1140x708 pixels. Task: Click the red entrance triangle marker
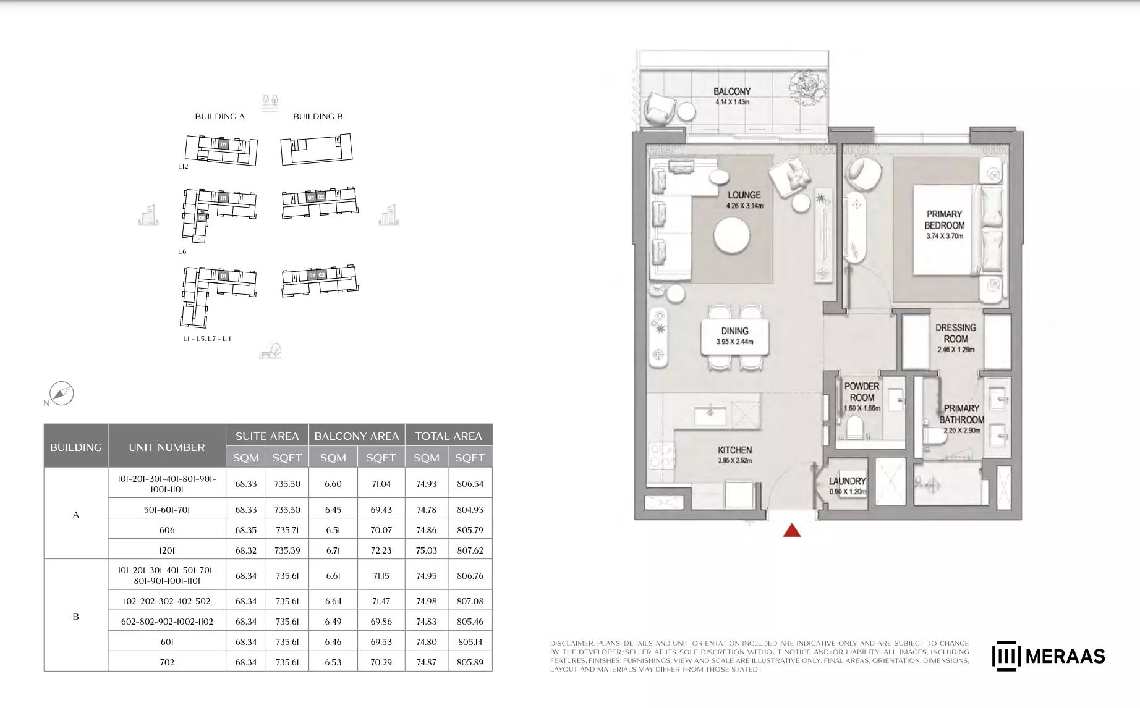[792, 530]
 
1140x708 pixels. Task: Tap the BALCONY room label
[732, 91]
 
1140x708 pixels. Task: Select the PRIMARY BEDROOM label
[945, 220]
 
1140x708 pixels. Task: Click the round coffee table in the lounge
[732, 235]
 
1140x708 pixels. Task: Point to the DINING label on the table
[734, 331]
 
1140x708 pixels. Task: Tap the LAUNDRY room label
[848, 481]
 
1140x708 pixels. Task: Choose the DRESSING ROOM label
[956, 333]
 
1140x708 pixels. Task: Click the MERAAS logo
[1049, 656]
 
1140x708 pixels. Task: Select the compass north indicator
[61, 394]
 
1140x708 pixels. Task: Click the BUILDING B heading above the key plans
[318, 116]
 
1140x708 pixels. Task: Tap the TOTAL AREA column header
[448, 436]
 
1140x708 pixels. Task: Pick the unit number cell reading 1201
[167, 550]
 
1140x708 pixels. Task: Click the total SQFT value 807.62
[470, 550]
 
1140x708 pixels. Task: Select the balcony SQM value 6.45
[333, 510]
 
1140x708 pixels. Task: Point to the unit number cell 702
[167, 662]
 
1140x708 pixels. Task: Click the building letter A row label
[76, 514]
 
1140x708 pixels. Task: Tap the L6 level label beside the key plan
[182, 251]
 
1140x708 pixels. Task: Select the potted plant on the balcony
[807, 87]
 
